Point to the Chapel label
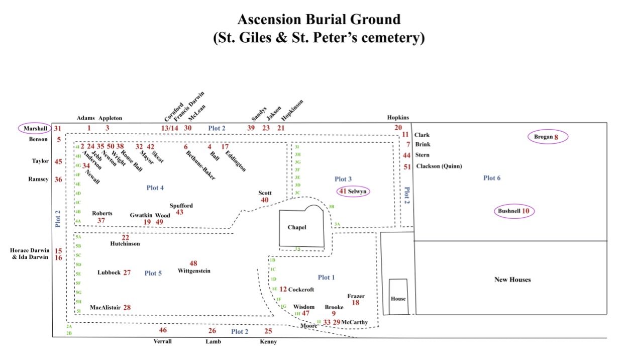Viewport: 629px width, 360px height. point(296,227)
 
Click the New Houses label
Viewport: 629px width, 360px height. point(512,280)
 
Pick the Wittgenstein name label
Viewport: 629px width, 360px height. point(194,271)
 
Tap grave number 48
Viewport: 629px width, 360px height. point(193,263)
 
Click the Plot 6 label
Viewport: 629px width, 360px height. point(492,178)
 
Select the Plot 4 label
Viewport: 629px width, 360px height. point(155,188)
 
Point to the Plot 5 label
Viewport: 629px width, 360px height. point(153,273)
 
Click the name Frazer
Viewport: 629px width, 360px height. point(356,296)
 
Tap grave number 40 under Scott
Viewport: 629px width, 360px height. point(265,200)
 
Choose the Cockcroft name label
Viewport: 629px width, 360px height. point(301,290)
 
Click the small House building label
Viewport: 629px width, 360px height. point(398,299)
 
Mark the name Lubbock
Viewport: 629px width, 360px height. point(109,273)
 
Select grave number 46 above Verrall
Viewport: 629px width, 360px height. point(163,330)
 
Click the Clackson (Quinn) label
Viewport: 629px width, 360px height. point(439,166)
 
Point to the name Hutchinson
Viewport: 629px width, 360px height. point(125,244)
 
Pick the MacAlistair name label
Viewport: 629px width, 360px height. point(105,307)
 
